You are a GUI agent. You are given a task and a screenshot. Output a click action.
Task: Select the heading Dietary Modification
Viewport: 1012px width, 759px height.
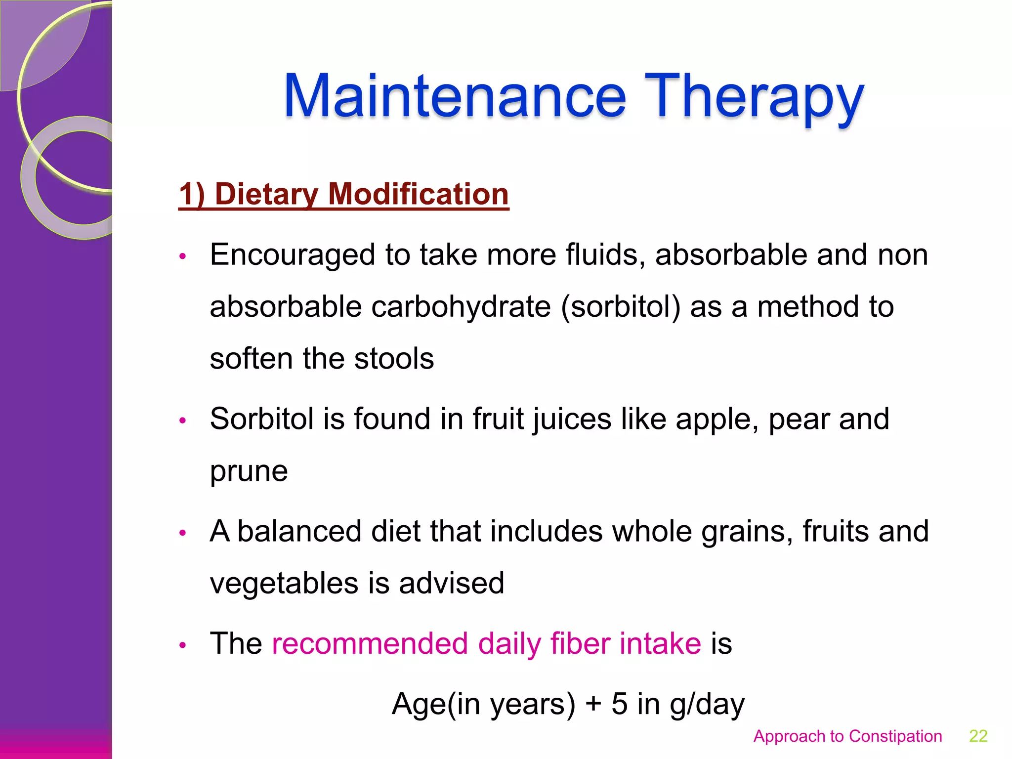343,194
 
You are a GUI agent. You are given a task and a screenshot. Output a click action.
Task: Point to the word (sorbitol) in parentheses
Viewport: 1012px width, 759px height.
621,307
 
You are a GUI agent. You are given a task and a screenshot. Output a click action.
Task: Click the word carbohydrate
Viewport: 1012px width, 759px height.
461,307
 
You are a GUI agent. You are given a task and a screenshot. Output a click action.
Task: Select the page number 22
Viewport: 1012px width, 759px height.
978,736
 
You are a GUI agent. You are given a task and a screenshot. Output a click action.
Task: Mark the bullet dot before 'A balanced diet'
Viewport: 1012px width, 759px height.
182,533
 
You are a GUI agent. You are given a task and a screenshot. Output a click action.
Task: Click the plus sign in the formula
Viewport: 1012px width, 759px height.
593,704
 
